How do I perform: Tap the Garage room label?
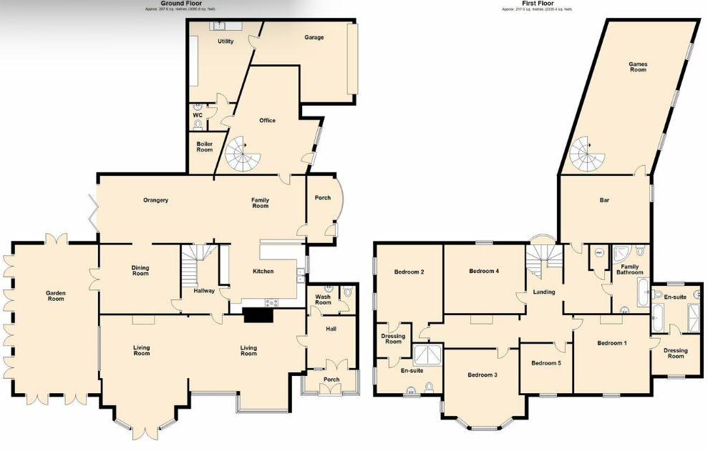click(x=314, y=38)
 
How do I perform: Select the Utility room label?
click(x=226, y=41)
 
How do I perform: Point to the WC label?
click(x=197, y=114)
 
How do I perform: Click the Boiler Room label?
click(x=205, y=147)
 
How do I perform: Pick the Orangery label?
click(x=155, y=200)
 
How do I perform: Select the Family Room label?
click(x=260, y=203)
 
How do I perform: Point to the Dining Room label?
click(x=140, y=271)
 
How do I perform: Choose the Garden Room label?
click(x=56, y=295)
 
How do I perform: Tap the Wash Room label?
click(x=323, y=299)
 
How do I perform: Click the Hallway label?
click(x=203, y=290)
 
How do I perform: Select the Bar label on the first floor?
click(x=604, y=200)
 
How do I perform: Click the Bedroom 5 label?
click(x=545, y=363)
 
